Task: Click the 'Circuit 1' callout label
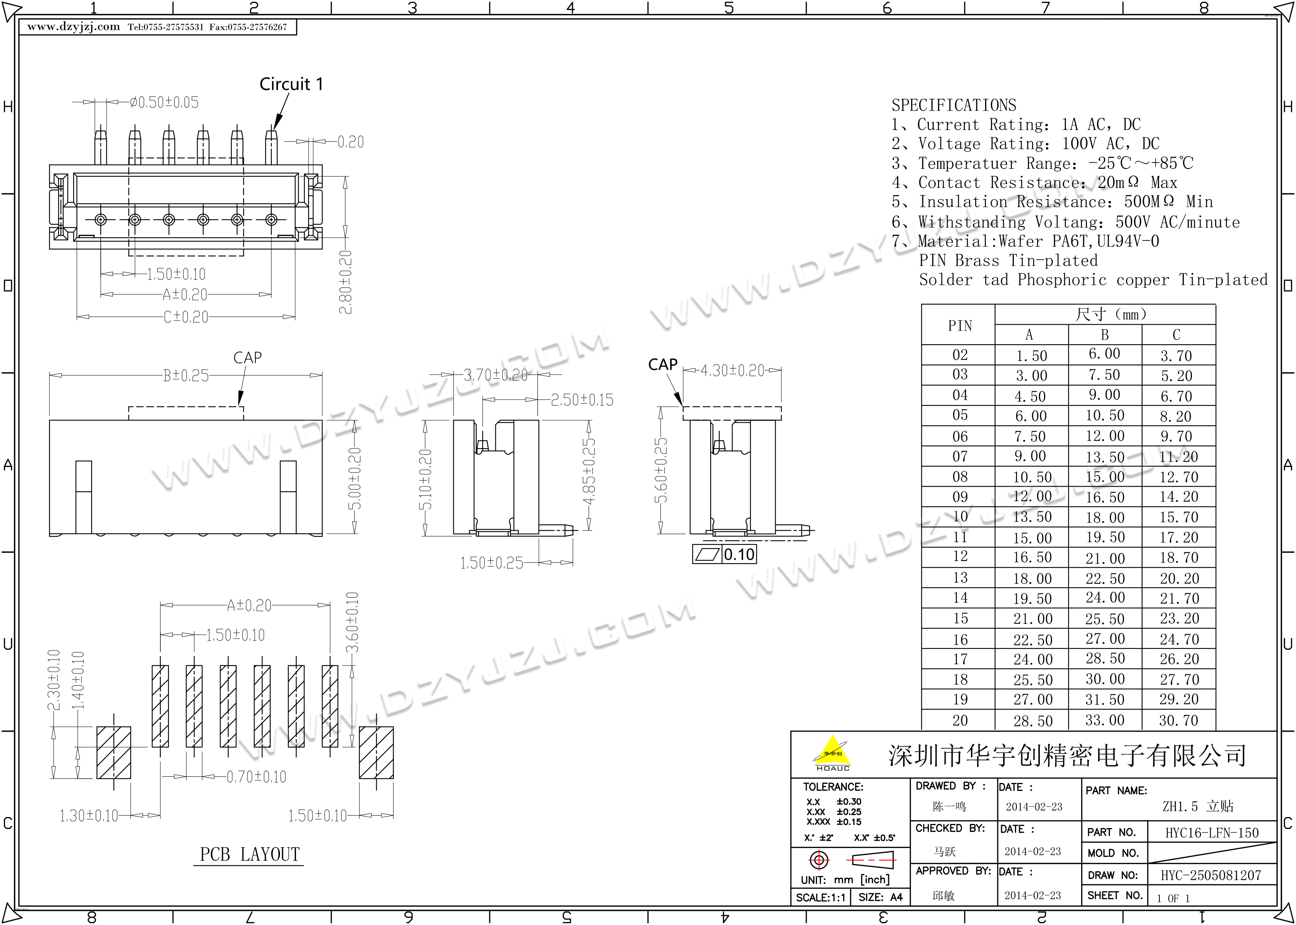point(291,84)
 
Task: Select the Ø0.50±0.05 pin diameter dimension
point(164,103)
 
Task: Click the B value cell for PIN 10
point(1105,517)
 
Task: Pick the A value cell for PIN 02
point(1031,355)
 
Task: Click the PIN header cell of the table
point(959,325)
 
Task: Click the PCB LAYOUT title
point(249,855)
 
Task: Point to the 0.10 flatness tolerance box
point(724,554)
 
